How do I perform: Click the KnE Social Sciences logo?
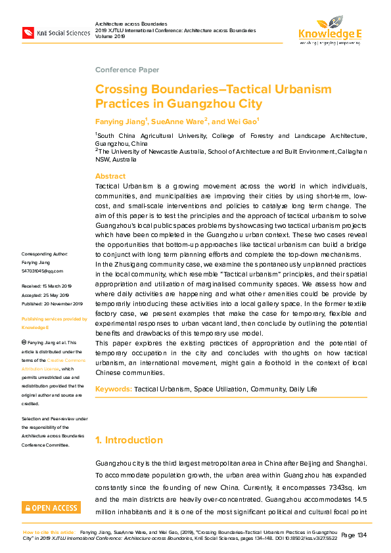(55, 32)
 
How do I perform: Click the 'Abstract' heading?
(110, 176)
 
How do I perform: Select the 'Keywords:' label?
(114, 389)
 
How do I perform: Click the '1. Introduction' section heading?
(129, 440)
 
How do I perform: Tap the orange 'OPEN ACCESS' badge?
(51, 507)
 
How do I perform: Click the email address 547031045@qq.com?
(43, 271)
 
